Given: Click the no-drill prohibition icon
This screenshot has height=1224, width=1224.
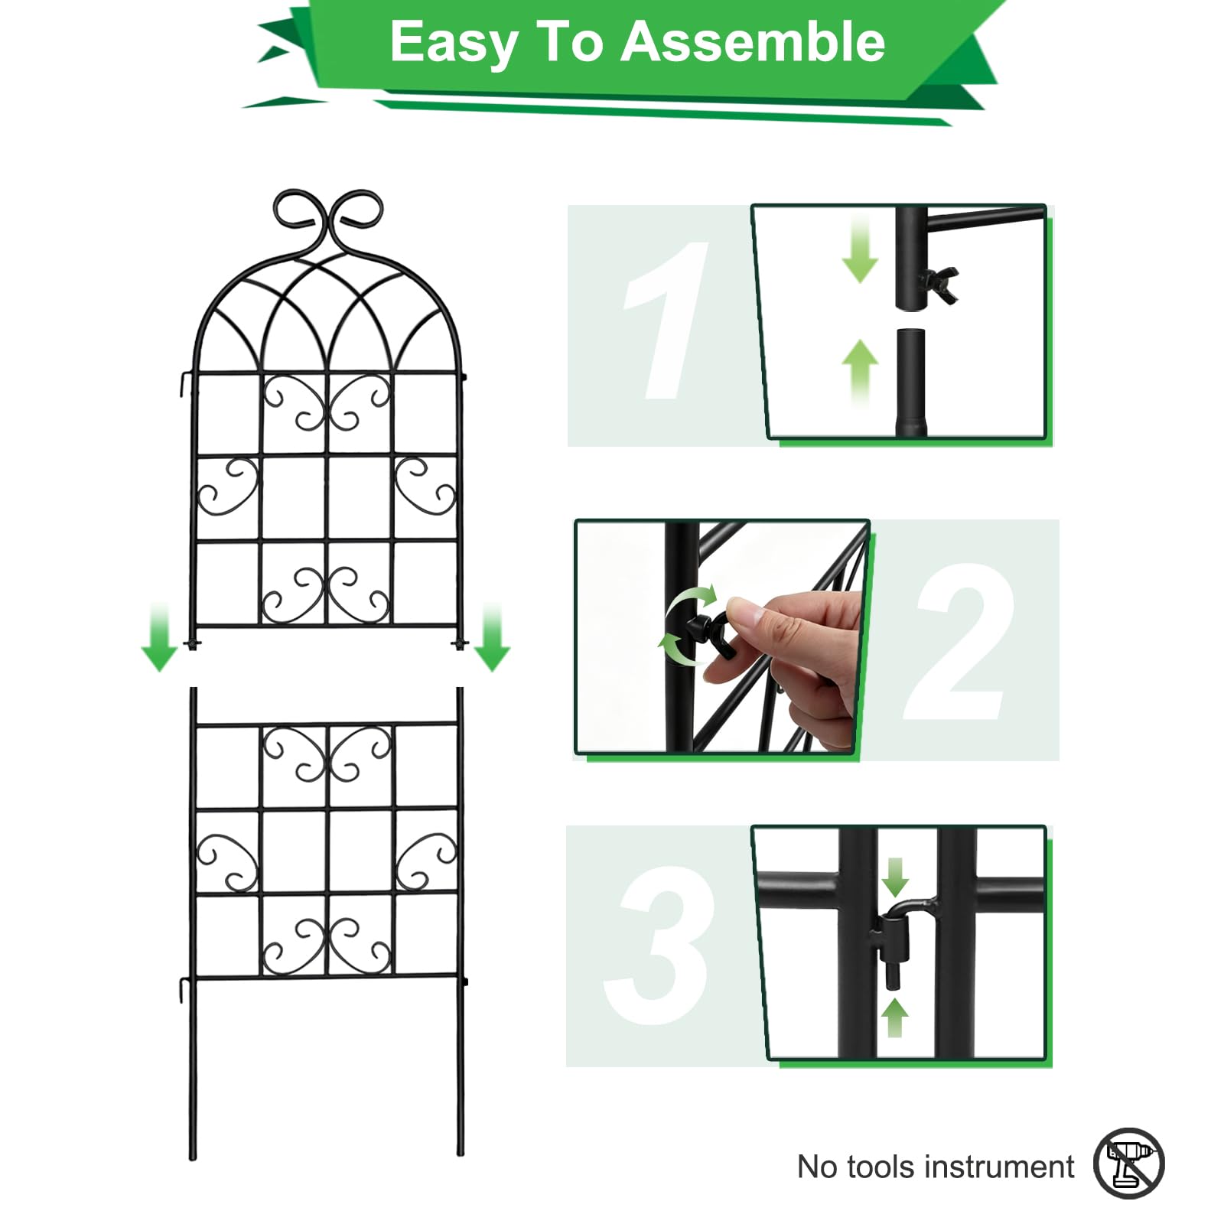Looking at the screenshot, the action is tap(1128, 1163).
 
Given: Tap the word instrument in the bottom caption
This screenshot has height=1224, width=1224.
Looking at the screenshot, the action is tap(1000, 1167).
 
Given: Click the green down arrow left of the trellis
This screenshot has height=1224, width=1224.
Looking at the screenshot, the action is tap(159, 636).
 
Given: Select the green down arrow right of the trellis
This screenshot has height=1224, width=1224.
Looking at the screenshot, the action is tap(492, 636).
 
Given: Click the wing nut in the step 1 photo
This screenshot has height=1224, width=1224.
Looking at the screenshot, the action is tap(939, 283).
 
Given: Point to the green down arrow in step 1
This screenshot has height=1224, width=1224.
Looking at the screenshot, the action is tap(860, 249).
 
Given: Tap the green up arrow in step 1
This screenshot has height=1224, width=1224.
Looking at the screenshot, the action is tap(860, 373).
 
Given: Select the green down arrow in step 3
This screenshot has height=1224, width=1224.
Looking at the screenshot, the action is tap(894, 877).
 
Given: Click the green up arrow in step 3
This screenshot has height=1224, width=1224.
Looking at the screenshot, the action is tap(894, 1017).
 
